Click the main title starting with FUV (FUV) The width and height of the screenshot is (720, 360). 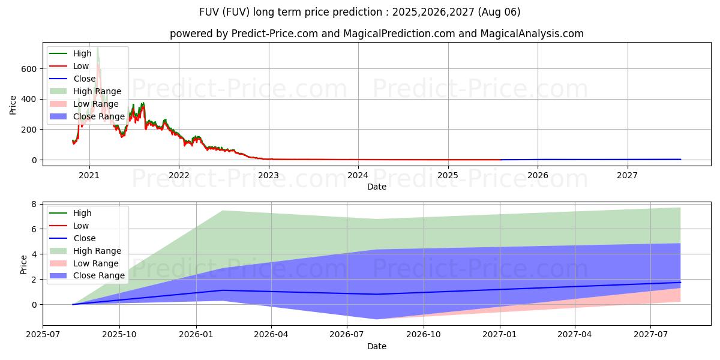point(360,12)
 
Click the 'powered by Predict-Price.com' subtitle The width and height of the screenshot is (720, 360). point(376,34)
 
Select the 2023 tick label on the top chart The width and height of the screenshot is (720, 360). point(269,175)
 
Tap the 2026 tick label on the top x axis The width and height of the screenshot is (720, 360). point(538,175)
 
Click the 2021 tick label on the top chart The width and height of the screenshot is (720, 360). point(89,175)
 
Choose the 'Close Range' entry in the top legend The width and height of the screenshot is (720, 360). point(98,116)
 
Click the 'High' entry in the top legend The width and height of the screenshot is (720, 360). point(82,53)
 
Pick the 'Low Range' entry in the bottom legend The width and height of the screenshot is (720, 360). point(96,263)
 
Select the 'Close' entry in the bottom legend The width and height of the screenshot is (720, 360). point(84,238)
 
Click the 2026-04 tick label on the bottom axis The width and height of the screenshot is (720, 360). point(271,335)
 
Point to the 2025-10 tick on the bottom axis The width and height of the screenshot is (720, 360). point(119,335)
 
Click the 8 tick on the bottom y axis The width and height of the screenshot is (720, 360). point(34,204)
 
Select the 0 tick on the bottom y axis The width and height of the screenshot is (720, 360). point(34,305)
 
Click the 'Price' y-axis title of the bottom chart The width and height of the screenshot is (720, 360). point(23,264)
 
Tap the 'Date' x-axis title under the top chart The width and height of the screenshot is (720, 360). point(376,187)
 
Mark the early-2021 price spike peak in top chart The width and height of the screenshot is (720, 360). point(98,47)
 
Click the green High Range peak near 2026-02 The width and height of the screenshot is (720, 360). point(223,211)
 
